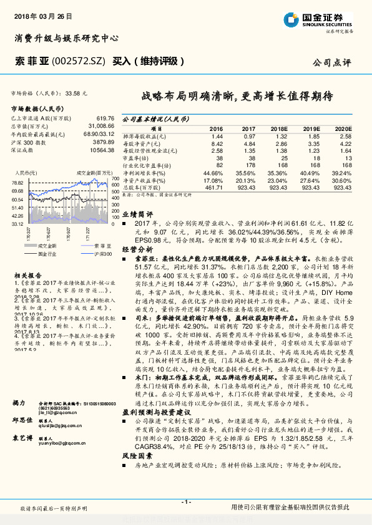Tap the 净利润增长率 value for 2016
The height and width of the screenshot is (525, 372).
[213, 172]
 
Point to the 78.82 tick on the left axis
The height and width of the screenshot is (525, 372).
[17, 181]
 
